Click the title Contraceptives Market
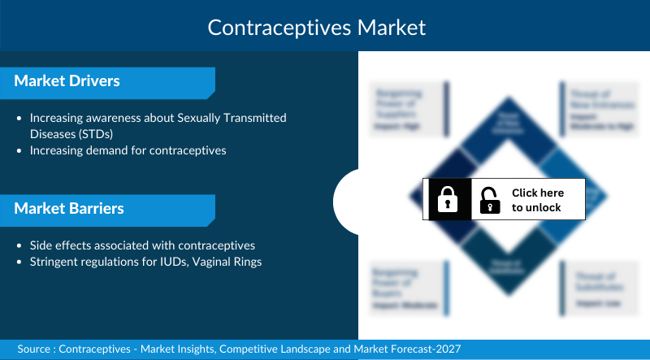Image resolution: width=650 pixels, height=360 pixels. click(317, 27)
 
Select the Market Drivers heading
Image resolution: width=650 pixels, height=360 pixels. click(67, 81)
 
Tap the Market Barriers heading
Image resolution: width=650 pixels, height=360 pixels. click(69, 209)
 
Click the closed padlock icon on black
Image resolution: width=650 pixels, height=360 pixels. click(447, 199)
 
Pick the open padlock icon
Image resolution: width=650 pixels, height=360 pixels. click(490, 200)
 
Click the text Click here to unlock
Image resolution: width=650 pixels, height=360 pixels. click(537, 200)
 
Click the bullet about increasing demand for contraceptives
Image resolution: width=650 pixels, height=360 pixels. click(128, 150)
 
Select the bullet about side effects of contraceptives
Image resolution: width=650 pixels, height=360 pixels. click(142, 245)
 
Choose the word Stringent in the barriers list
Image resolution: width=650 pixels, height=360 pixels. click(55, 262)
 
